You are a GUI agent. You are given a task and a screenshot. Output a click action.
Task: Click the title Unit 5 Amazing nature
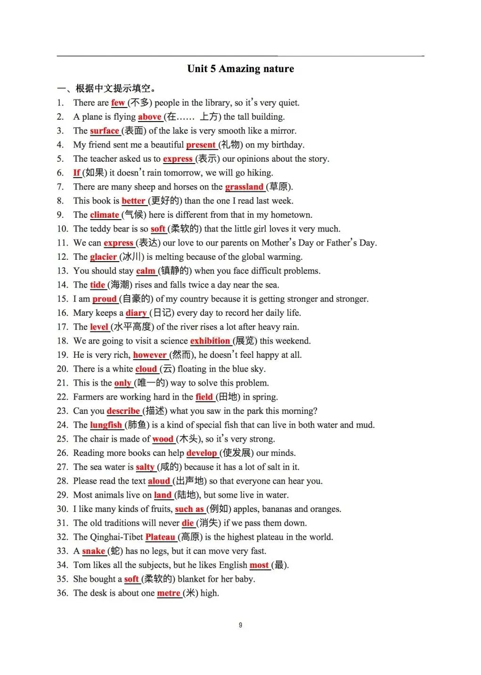[x=240, y=69]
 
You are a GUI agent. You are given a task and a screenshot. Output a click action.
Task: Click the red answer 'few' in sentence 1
[x=118, y=103]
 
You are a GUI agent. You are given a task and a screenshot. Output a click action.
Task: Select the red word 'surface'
[x=104, y=131]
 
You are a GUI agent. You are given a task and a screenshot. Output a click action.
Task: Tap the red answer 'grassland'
[x=244, y=187]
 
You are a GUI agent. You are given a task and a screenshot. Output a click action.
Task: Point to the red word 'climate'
[x=104, y=215]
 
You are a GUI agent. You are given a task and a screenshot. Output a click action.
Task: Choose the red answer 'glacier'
[x=103, y=257]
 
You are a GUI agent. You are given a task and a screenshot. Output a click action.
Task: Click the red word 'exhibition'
[x=210, y=341]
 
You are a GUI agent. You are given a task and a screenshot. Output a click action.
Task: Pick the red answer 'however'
[x=150, y=355]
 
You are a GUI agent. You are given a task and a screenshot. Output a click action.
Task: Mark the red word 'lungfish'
[x=106, y=425]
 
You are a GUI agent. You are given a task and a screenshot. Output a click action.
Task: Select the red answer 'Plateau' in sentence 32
[x=160, y=537]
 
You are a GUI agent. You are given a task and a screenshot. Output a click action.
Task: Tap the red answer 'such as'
[x=189, y=509]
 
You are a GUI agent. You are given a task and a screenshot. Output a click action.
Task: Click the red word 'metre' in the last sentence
[x=169, y=593]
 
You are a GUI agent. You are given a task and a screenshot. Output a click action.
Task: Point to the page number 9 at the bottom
[x=240, y=625]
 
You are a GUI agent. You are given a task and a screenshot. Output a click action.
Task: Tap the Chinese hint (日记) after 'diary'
[x=162, y=313]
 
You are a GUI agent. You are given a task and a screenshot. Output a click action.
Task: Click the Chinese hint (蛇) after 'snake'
[x=115, y=551]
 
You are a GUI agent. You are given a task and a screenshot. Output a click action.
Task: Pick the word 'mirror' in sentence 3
[x=283, y=131]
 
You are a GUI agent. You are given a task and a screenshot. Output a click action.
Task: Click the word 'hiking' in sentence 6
[x=259, y=173]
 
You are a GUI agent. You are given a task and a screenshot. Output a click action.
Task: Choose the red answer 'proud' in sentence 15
[x=104, y=299]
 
